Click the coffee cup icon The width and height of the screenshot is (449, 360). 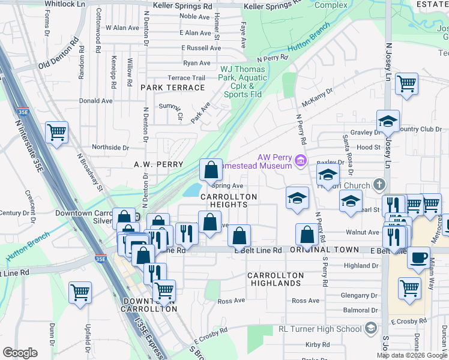(419, 257)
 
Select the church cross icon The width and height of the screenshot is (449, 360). (379, 184)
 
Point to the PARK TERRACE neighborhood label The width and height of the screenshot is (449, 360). (172, 88)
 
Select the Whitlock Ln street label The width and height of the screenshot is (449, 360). (65, 4)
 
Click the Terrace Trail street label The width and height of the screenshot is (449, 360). (186, 78)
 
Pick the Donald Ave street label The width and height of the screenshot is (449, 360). (95, 101)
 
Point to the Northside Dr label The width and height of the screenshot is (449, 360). (110, 147)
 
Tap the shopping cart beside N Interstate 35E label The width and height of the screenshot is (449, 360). (56, 132)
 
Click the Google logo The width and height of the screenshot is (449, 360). (20, 353)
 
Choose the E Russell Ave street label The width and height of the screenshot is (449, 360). (201, 48)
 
